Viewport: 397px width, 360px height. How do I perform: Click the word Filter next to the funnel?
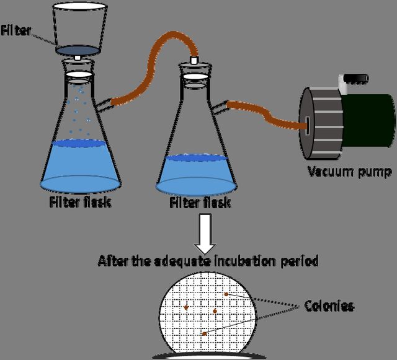16,30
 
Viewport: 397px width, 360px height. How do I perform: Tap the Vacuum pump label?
350,172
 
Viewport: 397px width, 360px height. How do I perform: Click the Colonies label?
329,306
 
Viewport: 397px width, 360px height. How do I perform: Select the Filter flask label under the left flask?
80,202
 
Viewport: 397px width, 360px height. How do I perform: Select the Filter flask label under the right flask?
200,203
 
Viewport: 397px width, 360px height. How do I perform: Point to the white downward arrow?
205,234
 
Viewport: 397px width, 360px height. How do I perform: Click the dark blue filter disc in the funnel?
78,51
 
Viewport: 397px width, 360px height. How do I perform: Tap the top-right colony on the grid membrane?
226,294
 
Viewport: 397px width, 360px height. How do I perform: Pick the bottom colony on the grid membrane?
204,334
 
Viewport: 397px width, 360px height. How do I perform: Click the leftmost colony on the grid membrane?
186,307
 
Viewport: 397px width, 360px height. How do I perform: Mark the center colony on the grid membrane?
215,311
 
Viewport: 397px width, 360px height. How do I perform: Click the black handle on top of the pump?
357,79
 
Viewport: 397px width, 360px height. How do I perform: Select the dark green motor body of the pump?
368,120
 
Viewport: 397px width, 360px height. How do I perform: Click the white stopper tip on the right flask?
194,60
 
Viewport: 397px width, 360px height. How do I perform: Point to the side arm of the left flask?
103,105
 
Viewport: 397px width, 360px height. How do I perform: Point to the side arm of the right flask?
219,108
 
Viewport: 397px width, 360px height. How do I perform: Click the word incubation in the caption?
244,261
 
